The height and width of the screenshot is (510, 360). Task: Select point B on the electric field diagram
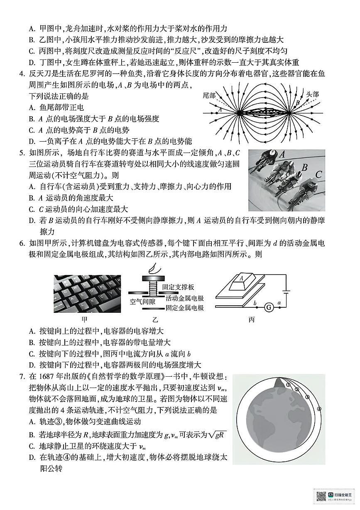point(297,101)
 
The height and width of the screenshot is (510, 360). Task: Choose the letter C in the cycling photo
point(318,175)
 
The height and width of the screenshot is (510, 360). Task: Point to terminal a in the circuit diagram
point(279,303)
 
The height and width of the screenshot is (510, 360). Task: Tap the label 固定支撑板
point(179,287)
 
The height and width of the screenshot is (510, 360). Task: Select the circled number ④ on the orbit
point(319,409)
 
